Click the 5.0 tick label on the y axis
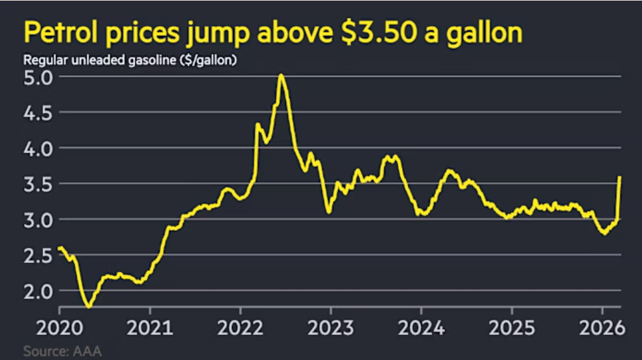[38, 78]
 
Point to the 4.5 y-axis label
[38, 113]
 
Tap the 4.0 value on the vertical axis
[38, 148]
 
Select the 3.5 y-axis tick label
[38, 184]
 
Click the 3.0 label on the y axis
[38, 220]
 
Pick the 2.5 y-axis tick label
[38, 255]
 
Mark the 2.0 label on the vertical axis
[38, 290]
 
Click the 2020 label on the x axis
[60, 326]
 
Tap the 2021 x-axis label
[151, 326]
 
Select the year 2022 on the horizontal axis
[241, 326]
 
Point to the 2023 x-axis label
[331, 326]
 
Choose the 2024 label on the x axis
[421, 326]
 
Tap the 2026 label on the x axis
[601, 326]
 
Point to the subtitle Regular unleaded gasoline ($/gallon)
[130, 61]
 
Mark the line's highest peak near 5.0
[281, 75]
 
